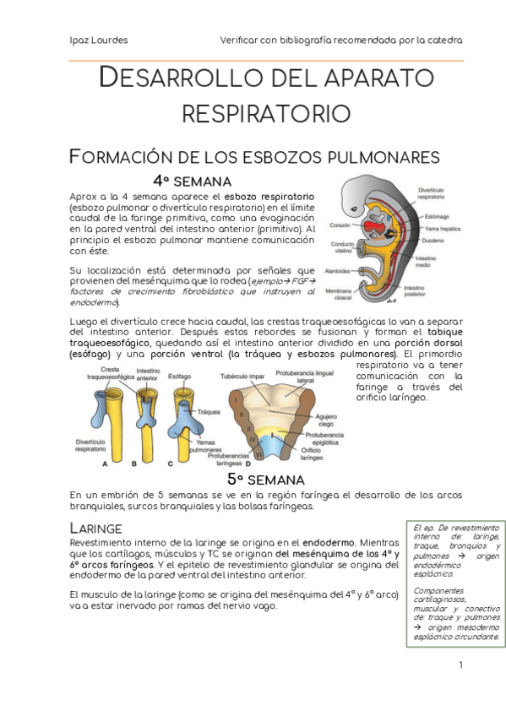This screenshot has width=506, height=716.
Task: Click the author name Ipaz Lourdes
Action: click(x=99, y=41)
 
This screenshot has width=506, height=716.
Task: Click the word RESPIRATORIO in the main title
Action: click(x=266, y=114)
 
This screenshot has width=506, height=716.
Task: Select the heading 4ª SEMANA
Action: click(x=192, y=182)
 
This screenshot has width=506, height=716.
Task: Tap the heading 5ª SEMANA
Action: click(x=266, y=480)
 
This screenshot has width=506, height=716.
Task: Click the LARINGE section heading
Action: click(x=96, y=529)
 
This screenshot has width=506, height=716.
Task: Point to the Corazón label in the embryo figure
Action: click(x=340, y=225)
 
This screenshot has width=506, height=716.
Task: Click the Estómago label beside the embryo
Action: click(x=437, y=216)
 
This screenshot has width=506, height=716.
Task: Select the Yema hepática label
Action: click(x=443, y=229)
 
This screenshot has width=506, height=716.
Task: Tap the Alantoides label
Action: click(x=337, y=271)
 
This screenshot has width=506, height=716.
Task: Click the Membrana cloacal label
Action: click(x=339, y=294)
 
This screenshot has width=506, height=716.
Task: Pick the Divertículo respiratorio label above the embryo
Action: click(x=431, y=193)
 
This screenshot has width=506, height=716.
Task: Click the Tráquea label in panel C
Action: click(x=209, y=412)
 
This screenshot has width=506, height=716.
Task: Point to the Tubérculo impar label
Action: click(x=242, y=377)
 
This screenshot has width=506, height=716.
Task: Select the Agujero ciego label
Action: click(x=326, y=420)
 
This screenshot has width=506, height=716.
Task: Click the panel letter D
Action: click(x=248, y=464)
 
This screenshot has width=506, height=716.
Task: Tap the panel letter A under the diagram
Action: click(x=105, y=464)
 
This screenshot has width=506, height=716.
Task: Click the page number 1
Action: click(x=460, y=664)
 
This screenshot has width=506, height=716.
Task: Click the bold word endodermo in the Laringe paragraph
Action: click(x=329, y=542)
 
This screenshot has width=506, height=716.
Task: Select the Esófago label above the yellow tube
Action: click(x=179, y=377)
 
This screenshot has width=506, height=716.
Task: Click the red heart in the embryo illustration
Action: click(x=374, y=227)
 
